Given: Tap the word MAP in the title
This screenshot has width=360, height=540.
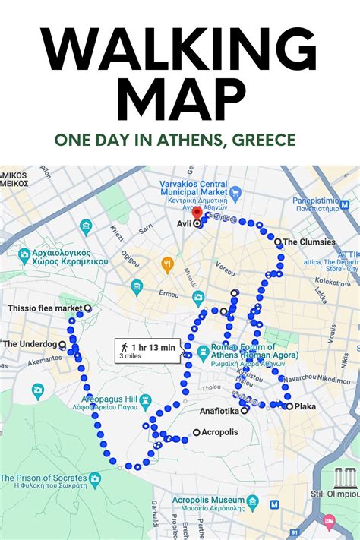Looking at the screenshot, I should (x=180, y=101).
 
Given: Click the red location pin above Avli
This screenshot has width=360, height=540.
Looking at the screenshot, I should (x=197, y=213).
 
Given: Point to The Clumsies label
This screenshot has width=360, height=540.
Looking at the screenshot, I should (x=310, y=242).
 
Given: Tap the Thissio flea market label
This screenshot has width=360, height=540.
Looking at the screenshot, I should (x=43, y=308).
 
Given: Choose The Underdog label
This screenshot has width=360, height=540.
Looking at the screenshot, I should (x=30, y=344).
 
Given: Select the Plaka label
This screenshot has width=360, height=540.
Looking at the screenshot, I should (x=305, y=406).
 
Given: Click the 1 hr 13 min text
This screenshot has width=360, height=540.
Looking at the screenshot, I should (x=153, y=347).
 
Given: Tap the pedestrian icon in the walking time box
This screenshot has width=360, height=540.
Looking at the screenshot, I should (x=124, y=349).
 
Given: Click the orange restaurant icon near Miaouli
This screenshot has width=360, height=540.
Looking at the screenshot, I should (x=168, y=265).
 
